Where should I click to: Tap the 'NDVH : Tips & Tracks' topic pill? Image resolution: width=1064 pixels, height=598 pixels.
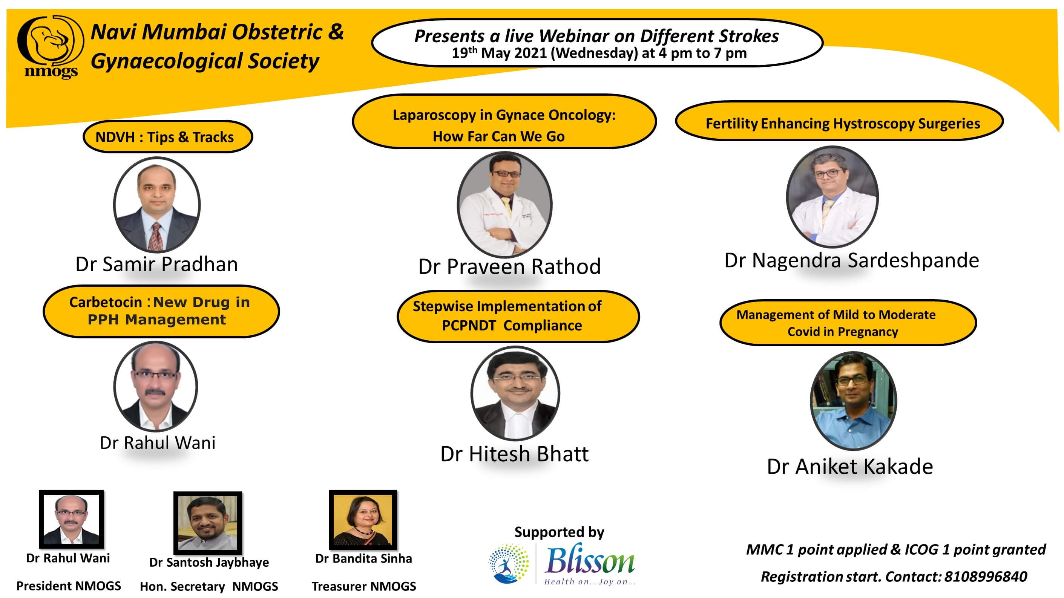coord(168,137)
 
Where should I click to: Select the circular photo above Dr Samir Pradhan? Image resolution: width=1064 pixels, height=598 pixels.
coord(157,204)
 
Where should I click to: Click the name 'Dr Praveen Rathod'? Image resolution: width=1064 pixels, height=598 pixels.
coord(509,266)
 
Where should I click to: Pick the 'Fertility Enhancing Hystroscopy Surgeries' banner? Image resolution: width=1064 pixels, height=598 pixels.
coord(839,122)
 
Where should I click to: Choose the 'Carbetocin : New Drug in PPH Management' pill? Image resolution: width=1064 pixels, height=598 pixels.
coord(161,311)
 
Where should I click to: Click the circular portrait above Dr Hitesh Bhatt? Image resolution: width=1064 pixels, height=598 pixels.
coord(515,393)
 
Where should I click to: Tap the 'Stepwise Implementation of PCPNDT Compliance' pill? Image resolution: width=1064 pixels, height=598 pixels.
coord(518,316)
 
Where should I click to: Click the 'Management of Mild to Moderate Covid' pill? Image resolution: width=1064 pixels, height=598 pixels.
coord(848,323)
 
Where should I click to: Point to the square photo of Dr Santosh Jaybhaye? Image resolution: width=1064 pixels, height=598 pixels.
coord(208,523)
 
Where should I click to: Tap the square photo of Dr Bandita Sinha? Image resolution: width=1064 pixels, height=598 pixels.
coord(363,520)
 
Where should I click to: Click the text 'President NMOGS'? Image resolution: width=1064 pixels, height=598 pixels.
coord(69,586)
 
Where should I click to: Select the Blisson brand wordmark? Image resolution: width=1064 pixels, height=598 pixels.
coord(589,561)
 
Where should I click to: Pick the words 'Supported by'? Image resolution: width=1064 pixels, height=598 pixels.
coord(559,532)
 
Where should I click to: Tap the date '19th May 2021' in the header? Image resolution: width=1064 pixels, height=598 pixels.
coord(499,53)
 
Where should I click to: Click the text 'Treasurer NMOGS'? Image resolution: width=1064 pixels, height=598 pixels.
coord(364,586)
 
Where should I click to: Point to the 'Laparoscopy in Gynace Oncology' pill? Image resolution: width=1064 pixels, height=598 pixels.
coord(504,121)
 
